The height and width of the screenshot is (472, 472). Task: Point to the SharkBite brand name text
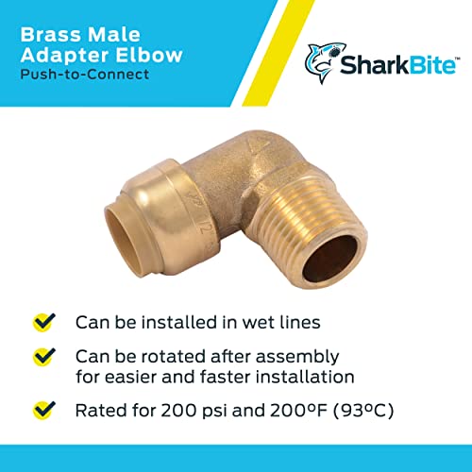pos(391,65)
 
